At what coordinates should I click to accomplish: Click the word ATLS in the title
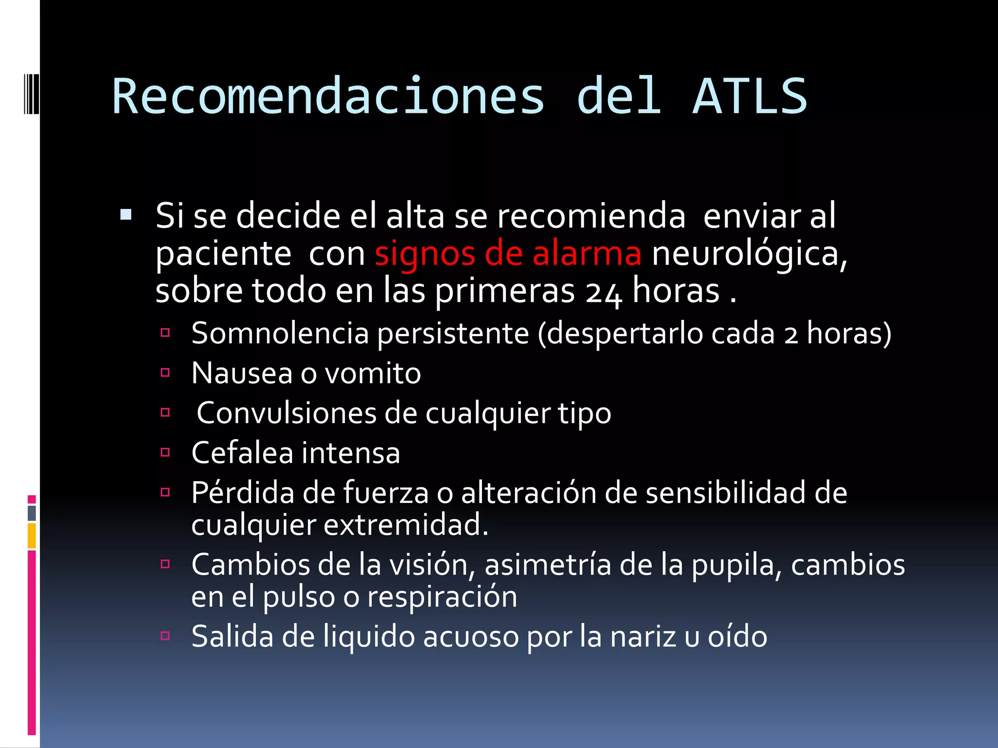[x=749, y=96]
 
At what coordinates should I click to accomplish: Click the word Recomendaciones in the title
[x=328, y=96]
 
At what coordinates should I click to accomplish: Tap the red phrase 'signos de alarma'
[x=508, y=254]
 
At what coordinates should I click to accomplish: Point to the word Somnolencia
[x=280, y=334]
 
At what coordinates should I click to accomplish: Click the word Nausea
[x=241, y=374]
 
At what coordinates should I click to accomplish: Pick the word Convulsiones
[x=286, y=413]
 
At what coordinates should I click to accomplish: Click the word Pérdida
[x=243, y=492]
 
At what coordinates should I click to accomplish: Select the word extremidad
[x=406, y=525]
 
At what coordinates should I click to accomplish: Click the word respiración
[x=442, y=597]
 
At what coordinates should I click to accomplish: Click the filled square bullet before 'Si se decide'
[x=126, y=214]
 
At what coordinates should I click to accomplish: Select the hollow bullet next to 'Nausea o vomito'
[x=165, y=373]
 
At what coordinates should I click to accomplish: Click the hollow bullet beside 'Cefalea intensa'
[x=165, y=452]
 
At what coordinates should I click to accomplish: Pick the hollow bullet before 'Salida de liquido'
[x=165, y=636]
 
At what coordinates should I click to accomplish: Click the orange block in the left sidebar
[x=32, y=536]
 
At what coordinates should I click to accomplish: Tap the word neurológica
[x=749, y=255]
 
